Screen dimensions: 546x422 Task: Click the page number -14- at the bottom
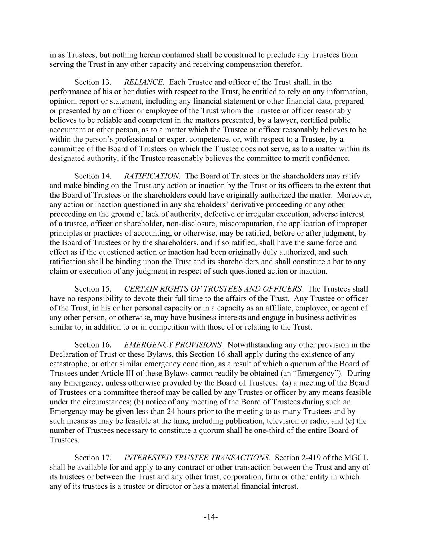211,517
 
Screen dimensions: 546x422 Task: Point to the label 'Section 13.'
93,82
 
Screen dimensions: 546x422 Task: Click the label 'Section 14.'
93,176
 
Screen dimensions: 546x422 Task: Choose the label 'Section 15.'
93,289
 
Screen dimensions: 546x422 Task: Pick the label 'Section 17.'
93,458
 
